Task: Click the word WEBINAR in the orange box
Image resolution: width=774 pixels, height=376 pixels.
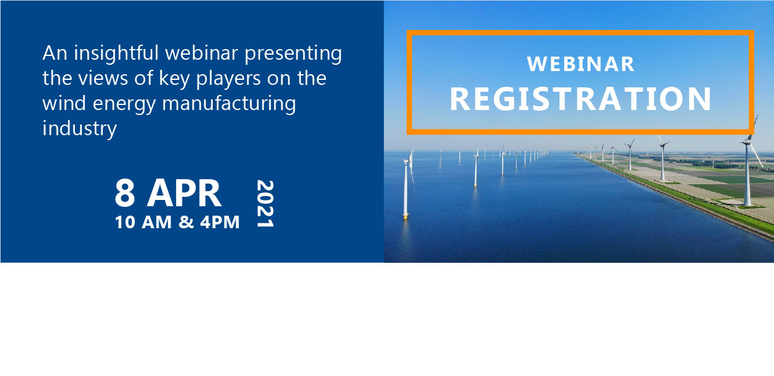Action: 580,64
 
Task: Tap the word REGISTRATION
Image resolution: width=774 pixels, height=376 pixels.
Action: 580,99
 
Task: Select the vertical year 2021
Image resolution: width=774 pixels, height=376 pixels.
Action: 266,203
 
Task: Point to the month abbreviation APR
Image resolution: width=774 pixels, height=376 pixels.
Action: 184,193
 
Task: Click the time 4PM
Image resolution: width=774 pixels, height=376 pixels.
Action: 220,222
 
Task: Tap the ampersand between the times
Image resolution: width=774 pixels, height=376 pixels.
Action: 186,222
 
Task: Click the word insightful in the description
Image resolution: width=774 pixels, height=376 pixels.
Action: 116,53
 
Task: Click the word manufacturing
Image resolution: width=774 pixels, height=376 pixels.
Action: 229,104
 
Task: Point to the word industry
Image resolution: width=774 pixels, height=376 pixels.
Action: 79,129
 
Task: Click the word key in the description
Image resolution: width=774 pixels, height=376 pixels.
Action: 174,79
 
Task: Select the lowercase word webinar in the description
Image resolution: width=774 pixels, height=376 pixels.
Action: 202,53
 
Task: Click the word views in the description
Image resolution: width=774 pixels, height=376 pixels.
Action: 103,79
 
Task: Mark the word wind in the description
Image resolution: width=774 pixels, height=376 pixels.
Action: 64,103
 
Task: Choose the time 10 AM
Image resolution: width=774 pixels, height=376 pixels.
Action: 143,222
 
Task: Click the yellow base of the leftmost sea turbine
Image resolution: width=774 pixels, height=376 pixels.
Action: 406,216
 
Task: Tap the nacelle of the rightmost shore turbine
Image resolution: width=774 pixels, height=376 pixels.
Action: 746,142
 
